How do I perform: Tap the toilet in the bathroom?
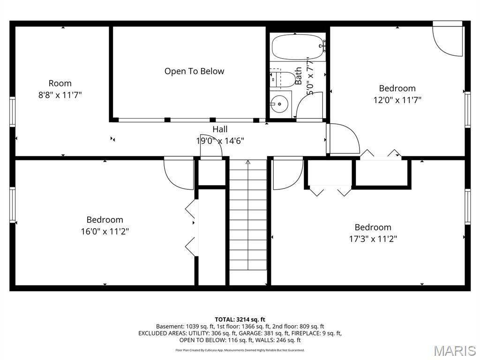(282, 79)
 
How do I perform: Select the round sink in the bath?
(279, 104)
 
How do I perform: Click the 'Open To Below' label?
(195, 71)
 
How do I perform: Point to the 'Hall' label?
(220, 129)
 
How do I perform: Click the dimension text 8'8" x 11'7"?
(60, 95)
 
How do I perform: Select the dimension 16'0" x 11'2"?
(105, 232)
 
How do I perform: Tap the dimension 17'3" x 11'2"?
(373, 239)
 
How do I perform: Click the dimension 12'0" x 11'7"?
(397, 100)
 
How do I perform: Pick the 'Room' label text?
(60, 83)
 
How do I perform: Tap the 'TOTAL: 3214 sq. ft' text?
(240, 320)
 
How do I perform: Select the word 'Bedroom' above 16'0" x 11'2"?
(105, 220)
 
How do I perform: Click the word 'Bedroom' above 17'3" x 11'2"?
(373, 227)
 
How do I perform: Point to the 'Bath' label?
(299, 76)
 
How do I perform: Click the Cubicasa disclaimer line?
(240, 350)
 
